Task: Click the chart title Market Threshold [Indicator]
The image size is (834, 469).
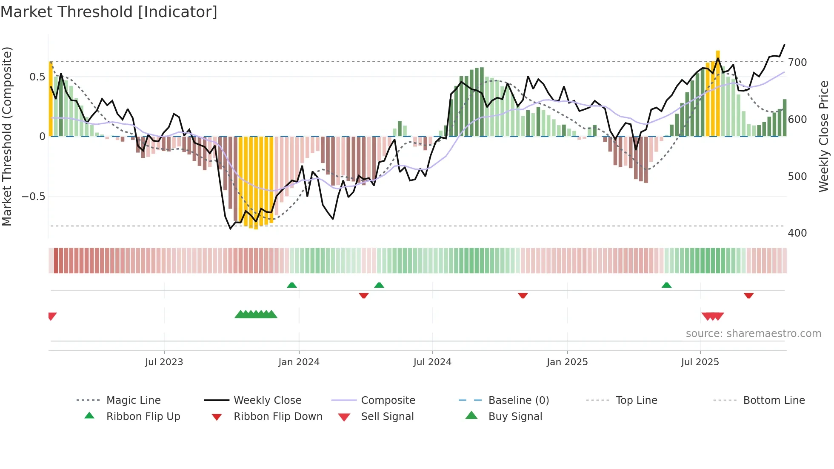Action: (109, 12)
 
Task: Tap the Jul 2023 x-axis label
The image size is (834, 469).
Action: (164, 362)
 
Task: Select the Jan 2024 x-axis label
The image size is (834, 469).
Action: (299, 362)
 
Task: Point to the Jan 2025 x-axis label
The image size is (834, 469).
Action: (567, 362)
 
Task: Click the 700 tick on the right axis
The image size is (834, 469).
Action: (797, 63)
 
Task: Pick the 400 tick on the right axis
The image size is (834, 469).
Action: (797, 233)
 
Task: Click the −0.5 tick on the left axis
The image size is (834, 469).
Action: (33, 197)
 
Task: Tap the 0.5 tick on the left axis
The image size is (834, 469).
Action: (37, 77)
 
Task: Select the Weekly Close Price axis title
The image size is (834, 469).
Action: (824, 136)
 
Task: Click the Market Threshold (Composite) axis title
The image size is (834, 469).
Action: (7, 136)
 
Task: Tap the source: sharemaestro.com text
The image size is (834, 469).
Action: (753, 334)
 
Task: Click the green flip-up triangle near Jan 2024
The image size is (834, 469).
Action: (292, 285)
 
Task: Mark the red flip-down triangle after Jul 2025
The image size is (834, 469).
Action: (748, 295)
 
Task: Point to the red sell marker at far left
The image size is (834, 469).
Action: (52, 316)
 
